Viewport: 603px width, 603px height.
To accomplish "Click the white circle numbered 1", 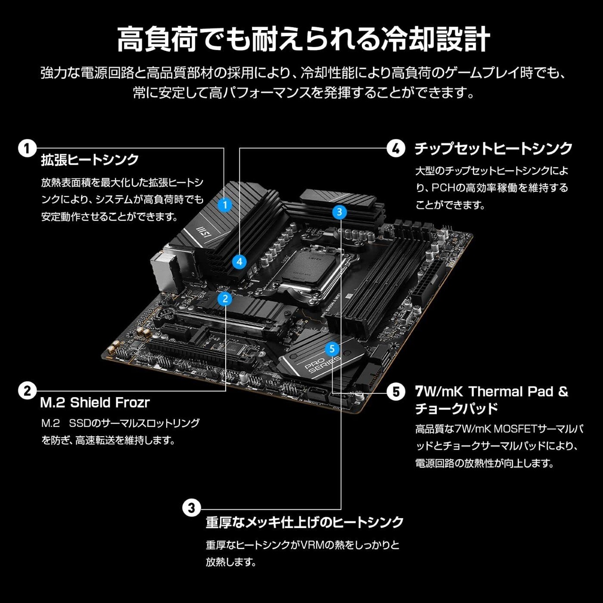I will click(x=27, y=148).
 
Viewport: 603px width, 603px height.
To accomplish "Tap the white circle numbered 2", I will click(x=27, y=391).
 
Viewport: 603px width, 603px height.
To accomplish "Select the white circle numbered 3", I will click(x=191, y=508).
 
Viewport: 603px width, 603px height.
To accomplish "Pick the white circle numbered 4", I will click(x=396, y=148).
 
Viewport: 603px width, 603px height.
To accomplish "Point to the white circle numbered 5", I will click(x=396, y=391).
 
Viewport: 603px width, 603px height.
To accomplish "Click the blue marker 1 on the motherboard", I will click(x=225, y=205).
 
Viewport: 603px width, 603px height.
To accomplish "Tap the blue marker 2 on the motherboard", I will click(x=225, y=299).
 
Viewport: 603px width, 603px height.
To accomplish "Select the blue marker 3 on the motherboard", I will click(x=340, y=212).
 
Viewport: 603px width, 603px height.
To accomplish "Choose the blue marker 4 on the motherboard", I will click(x=239, y=261).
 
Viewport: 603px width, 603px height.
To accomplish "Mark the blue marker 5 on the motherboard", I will click(x=332, y=349).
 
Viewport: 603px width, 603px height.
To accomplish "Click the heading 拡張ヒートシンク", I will click(x=90, y=160).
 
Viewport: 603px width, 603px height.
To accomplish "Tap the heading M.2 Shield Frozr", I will click(x=95, y=403).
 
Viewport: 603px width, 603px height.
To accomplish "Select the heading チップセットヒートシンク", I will click(x=493, y=148).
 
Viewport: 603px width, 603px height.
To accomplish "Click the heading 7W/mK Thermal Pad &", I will click(x=491, y=391).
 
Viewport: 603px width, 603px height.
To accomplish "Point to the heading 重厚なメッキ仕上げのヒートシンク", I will click(x=304, y=522).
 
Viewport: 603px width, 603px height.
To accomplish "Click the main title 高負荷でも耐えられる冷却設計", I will click(x=304, y=39).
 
